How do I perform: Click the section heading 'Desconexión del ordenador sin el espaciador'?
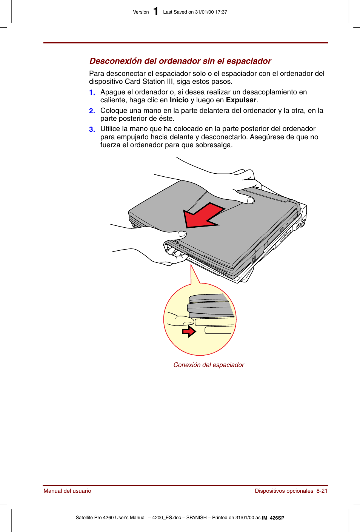[180, 61]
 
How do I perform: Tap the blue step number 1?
[92, 93]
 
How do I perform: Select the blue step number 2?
[92, 111]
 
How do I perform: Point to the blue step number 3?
[92, 130]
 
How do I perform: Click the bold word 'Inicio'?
[179, 100]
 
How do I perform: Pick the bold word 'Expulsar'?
[241, 100]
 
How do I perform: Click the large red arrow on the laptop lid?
[202, 216]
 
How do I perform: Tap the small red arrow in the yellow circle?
[189, 332]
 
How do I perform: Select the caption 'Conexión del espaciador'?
[209, 365]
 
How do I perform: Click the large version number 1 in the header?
[155, 12]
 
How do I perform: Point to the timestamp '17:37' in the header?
[221, 12]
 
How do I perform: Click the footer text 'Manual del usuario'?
[67, 491]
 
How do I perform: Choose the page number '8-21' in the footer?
[322, 491]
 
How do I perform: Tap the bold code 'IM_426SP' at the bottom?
[273, 518]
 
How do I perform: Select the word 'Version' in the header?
[141, 12]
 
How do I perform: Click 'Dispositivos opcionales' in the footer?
[284, 491]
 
